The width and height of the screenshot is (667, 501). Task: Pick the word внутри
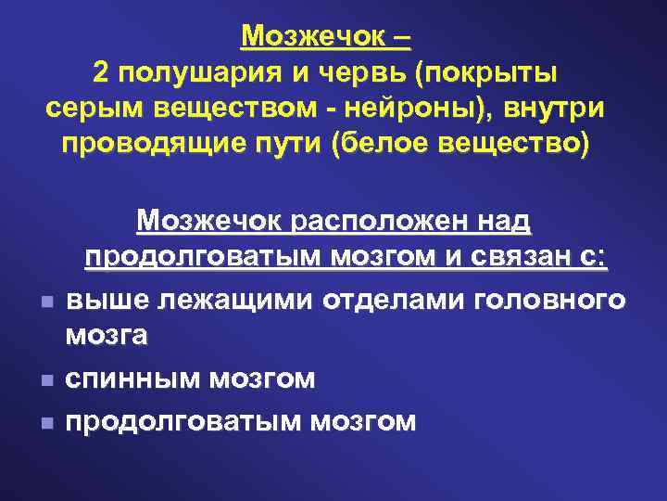coord(556,109)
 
